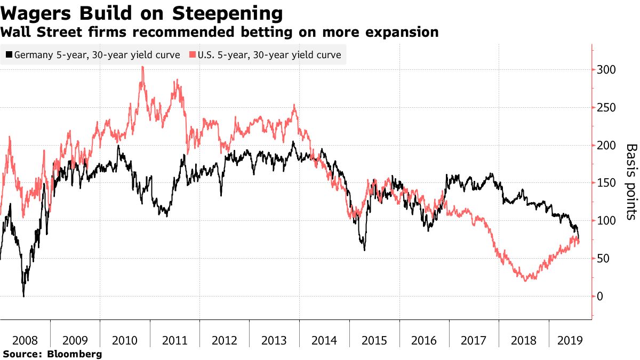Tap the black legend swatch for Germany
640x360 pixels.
(x=9, y=54)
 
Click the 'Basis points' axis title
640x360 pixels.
(x=631, y=181)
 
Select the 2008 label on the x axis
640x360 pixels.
(x=25, y=340)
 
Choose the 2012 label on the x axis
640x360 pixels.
(x=224, y=340)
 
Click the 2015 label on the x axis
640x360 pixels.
(x=374, y=340)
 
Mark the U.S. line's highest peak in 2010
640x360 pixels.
(x=142, y=67)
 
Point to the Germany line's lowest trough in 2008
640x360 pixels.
(x=23, y=296)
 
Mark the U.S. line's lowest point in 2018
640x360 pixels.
(x=526, y=280)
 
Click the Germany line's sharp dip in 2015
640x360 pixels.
(x=365, y=250)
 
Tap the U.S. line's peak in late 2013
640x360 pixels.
(x=294, y=105)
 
